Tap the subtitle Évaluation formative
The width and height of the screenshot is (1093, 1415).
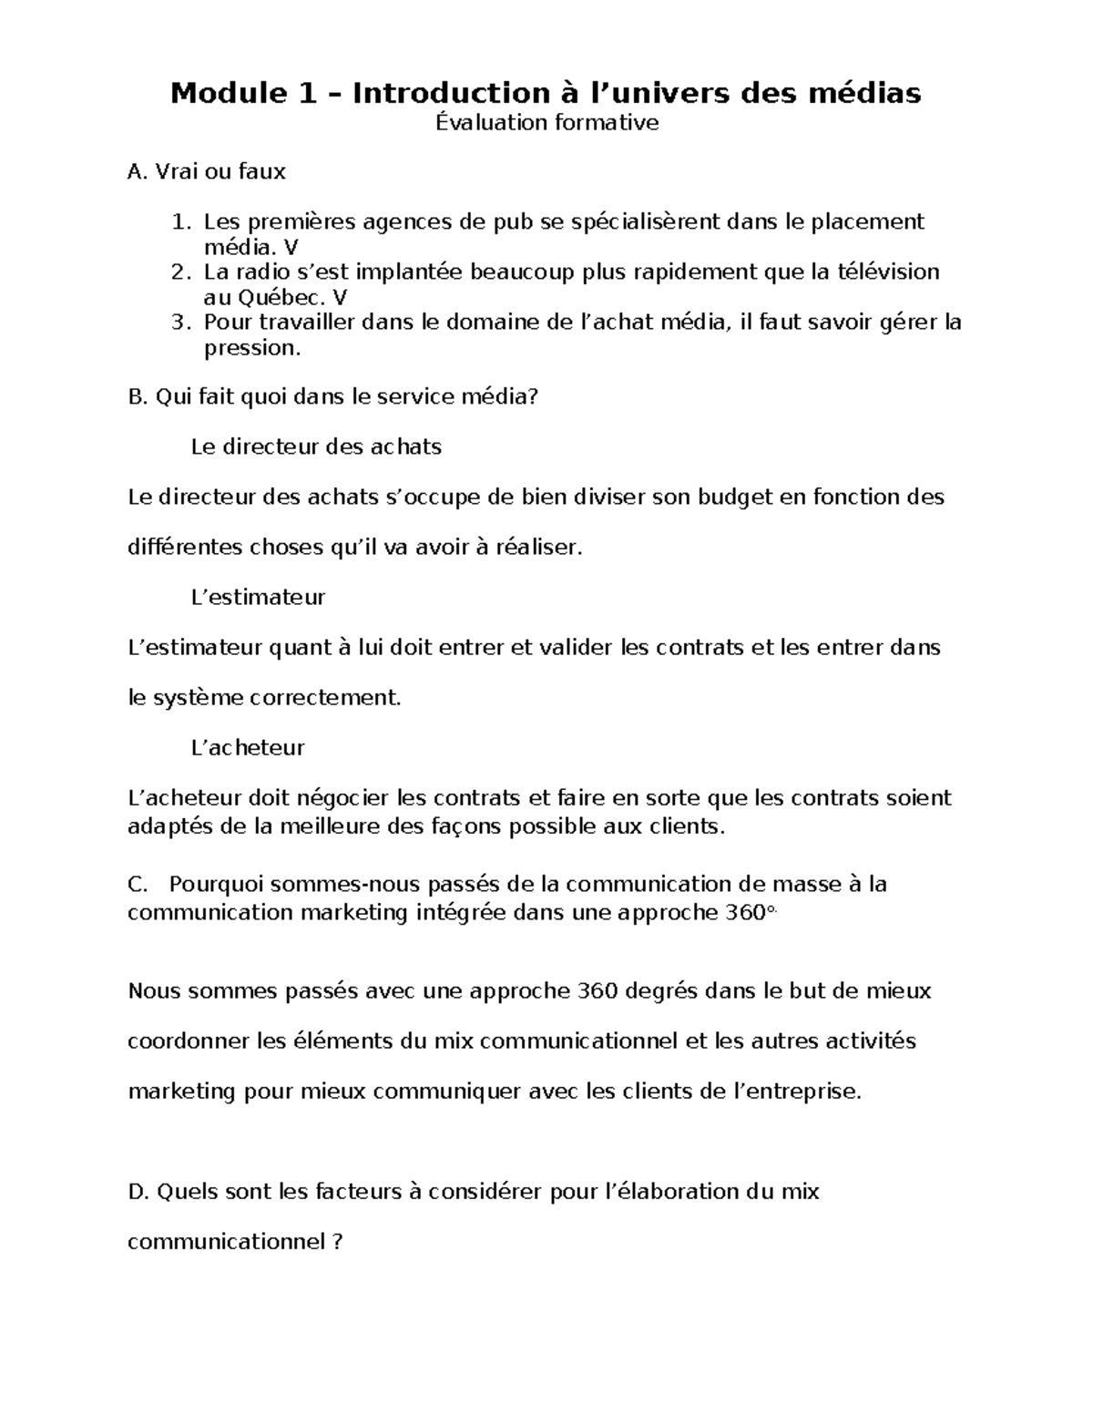[x=546, y=123]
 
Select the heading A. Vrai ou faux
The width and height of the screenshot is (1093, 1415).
[x=207, y=171]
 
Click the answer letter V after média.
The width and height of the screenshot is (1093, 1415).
[x=291, y=248]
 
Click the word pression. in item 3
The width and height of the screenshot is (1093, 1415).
[x=251, y=348]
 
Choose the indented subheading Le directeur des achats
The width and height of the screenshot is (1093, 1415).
[x=316, y=447]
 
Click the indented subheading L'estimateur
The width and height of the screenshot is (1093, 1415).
[x=258, y=598]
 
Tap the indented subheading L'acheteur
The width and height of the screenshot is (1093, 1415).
[x=248, y=748]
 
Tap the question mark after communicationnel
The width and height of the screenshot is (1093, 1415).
[x=337, y=1243]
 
